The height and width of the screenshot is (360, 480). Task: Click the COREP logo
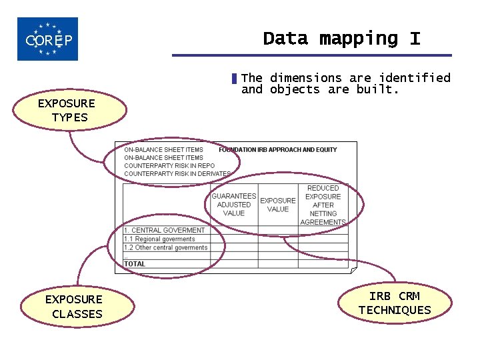pyautogui.click(x=47, y=39)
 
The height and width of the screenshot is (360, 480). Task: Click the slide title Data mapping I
pyautogui.click(x=341, y=39)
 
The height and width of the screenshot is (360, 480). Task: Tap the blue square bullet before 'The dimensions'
pyautogui.click(x=234, y=79)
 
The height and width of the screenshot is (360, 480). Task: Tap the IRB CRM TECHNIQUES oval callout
pyautogui.click(x=395, y=303)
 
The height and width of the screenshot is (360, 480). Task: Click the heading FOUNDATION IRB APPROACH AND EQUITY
pyautogui.click(x=277, y=150)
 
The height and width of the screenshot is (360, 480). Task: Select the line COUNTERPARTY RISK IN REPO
pyautogui.click(x=169, y=166)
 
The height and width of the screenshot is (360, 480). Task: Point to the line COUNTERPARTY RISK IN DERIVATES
pyautogui.click(x=177, y=174)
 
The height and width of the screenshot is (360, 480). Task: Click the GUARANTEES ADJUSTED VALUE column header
pyautogui.click(x=233, y=205)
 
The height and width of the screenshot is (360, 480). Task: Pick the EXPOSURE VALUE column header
pyautogui.click(x=277, y=205)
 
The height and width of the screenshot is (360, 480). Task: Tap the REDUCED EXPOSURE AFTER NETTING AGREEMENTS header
pyautogui.click(x=323, y=205)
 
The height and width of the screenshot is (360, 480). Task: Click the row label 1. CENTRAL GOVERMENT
pyautogui.click(x=165, y=231)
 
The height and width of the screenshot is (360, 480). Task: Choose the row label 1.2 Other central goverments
pyautogui.click(x=166, y=248)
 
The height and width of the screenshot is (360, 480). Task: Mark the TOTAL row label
pyautogui.click(x=135, y=264)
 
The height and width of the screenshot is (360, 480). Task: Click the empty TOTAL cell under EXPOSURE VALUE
pyautogui.click(x=277, y=264)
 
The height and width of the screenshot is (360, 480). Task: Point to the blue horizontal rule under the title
pyautogui.click(x=311, y=55)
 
